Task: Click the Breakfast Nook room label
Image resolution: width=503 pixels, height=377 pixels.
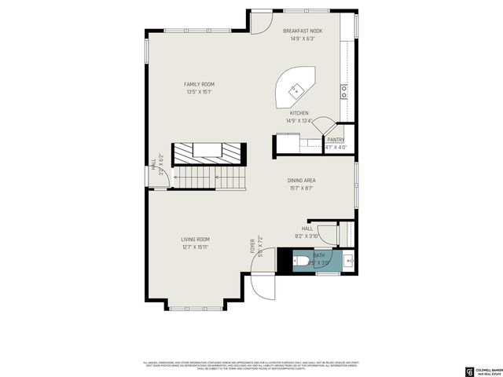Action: (x=303, y=31)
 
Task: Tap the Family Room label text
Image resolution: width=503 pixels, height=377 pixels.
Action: (x=199, y=84)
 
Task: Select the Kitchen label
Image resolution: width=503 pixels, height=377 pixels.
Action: (x=299, y=113)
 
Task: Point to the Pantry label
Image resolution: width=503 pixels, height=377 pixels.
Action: (x=336, y=140)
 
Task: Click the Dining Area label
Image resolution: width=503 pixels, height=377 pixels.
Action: (x=303, y=181)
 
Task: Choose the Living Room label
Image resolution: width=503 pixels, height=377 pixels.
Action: (x=196, y=240)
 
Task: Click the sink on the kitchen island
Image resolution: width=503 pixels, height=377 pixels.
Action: (x=296, y=89)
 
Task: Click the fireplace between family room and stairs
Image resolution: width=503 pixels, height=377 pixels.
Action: (x=208, y=152)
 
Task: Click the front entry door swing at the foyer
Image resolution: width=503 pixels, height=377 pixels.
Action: (x=263, y=286)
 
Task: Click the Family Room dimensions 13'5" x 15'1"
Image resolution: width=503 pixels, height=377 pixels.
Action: (x=199, y=92)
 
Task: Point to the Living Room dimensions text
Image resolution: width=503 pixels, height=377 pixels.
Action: (x=196, y=247)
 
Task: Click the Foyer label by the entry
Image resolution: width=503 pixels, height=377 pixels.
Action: (x=253, y=245)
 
